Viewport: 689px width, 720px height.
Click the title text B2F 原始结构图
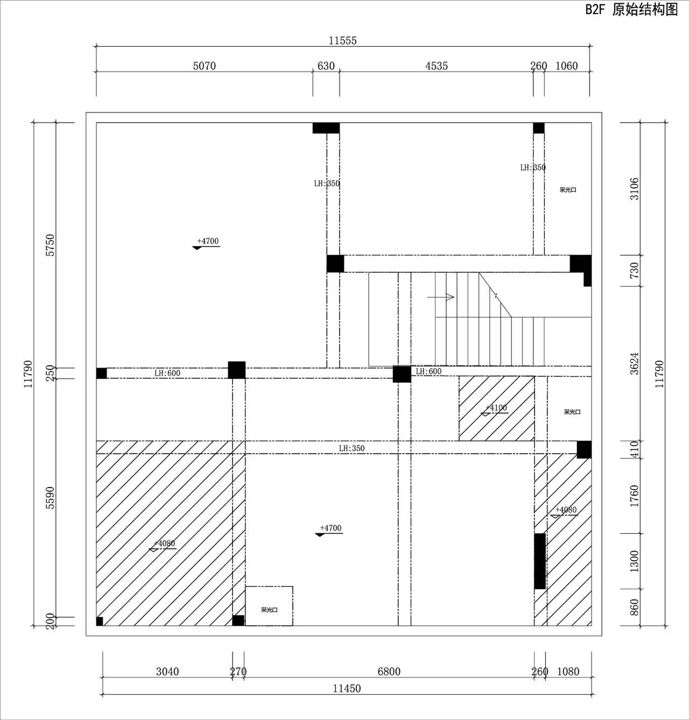pyautogui.click(x=631, y=10)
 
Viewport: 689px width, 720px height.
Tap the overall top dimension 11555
pyautogui.click(x=343, y=41)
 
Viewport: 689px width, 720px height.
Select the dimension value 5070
pyautogui.click(x=204, y=66)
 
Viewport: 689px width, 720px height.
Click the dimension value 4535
pyautogui.click(x=437, y=66)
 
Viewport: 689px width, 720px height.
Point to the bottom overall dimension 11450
pyautogui.click(x=347, y=689)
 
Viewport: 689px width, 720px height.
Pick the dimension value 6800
pyautogui.click(x=389, y=672)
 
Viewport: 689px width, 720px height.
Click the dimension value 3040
pyautogui.click(x=167, y=672)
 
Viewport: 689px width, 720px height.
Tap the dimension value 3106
pyautogui.click(x=634, y=189)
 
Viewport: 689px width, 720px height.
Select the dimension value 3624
pyautogui.click(x=634, y=364)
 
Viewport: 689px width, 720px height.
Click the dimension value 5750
pyautogui.click(x=50, y=245)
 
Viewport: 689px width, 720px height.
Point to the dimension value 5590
pyautogui.click(x=50, y=498)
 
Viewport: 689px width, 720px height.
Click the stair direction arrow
pyautogui.click(x=440, y=297)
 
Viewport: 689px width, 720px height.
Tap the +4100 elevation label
pyautogui.click(x=496, y=408)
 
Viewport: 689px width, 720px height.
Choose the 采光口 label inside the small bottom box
pyautogui.click(x=269, y=610)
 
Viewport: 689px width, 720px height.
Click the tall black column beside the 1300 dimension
pyautogui.click(x=540, y=561)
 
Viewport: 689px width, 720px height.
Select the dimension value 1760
pyautogui.click(x=634, y=496)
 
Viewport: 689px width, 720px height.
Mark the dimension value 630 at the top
pyautogui.click(x=326, y=66)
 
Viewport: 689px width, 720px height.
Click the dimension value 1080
pyautogui.click(x=568, y=672)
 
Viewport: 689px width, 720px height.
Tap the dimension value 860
pyautogui.click(x=634, y=607)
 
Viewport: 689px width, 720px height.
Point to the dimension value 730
pyautogui.click(x=634, y=271)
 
